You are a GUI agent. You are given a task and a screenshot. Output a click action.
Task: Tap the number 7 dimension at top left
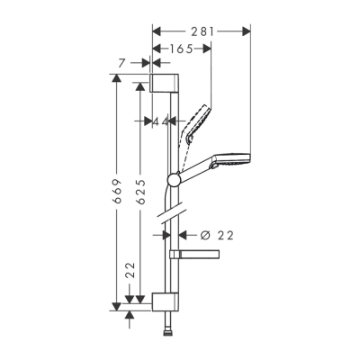133,63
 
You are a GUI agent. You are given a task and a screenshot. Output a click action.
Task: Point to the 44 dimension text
162,121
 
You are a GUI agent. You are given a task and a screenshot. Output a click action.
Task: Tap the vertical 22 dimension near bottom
130,269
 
